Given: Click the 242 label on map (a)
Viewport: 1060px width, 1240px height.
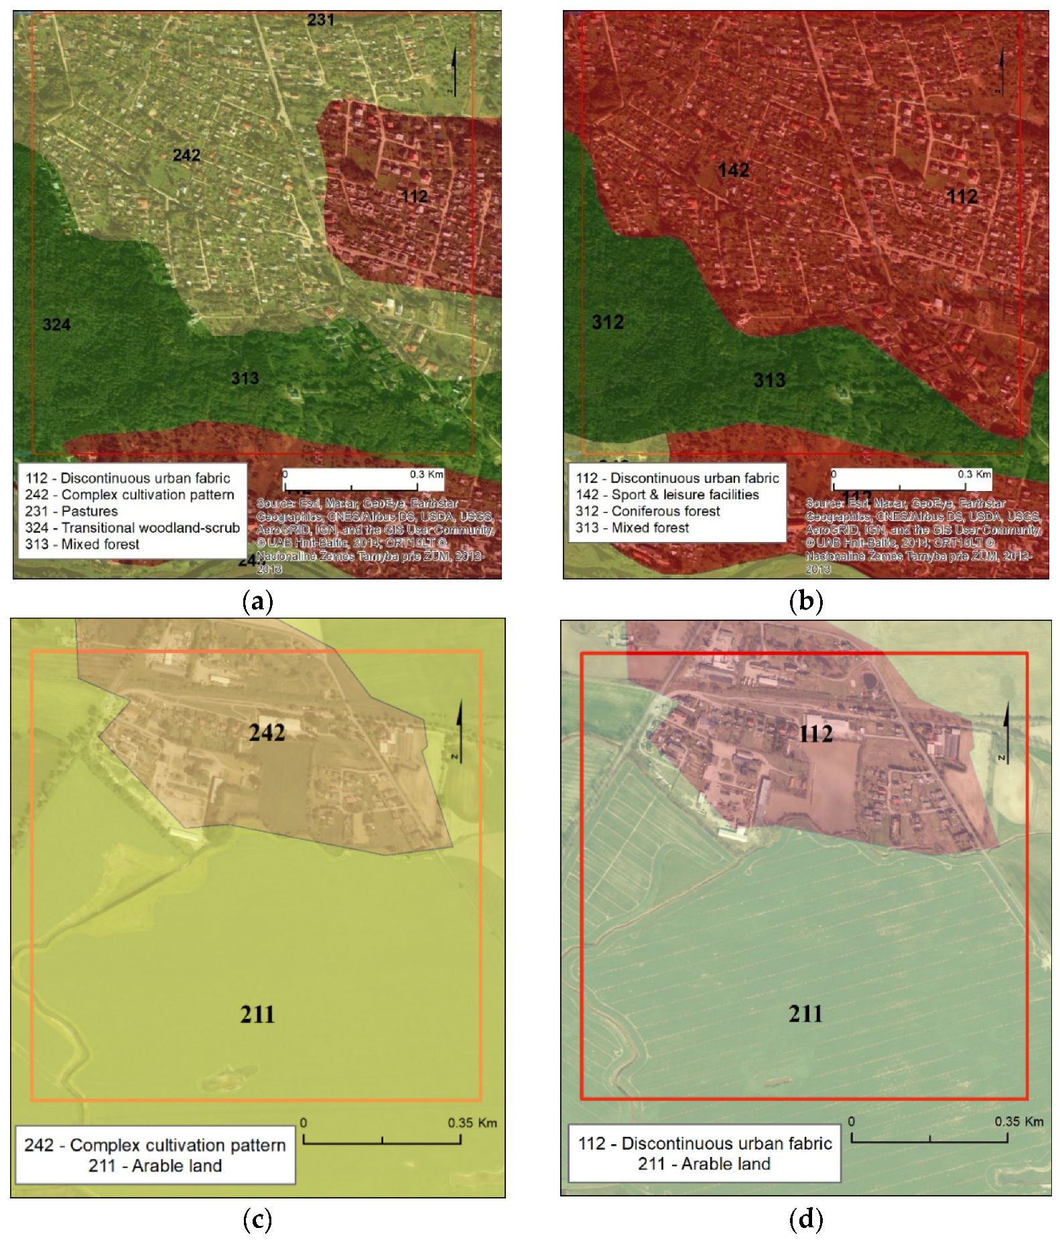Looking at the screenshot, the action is (x=186, y=155).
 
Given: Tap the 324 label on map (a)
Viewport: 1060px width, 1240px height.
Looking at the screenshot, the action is (x=56, y=325).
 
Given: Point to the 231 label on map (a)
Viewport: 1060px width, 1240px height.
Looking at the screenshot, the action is (x=320, y=20).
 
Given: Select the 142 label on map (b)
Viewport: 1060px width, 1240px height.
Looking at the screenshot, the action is (x=733, y=170).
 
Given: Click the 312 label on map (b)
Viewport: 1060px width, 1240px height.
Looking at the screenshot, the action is (x=608, y=322).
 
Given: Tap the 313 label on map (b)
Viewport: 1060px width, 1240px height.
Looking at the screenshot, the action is (x=769, y=381).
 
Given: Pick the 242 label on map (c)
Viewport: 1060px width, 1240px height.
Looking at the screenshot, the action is (x=267, y=733).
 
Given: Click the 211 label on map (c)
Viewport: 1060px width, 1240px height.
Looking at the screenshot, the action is (x=257, y=1014).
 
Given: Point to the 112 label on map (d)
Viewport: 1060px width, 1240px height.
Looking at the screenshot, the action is (x=815, y=734).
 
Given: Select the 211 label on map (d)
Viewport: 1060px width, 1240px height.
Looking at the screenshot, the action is (x=805, y=1014).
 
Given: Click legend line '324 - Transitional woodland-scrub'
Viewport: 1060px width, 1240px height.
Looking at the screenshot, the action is (x=132, y=528).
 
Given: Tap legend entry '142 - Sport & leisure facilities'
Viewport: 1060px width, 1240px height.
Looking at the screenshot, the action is (x=667, y=495).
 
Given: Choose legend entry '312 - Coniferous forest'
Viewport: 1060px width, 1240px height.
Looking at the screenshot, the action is (x=647, y=511).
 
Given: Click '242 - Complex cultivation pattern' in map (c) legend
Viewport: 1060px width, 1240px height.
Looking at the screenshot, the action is (x=155, y=1145).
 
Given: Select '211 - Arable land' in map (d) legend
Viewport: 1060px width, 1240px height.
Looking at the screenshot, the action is (x=704, y=1164).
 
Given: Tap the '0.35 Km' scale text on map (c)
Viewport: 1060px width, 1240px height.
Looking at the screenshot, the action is (x=472, y=1123).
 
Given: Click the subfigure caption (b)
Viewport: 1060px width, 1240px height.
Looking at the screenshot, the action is (x=805, y=601).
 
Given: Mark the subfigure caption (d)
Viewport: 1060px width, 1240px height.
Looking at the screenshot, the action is (x=805, y=1219).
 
